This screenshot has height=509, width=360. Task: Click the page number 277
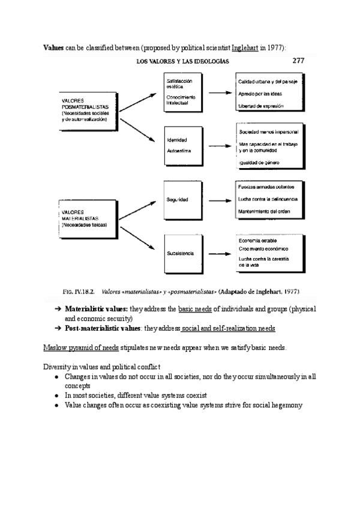pyautogui.click(x=298, y=60)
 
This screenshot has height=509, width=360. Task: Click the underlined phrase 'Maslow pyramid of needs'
pyautogui.click(x=81, y=348)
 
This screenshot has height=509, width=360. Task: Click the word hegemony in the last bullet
pyautogui.click(x=286, y=405)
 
